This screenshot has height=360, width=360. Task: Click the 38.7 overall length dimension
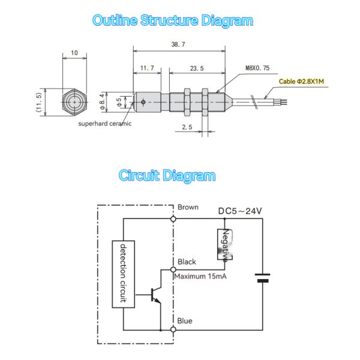point(178,44)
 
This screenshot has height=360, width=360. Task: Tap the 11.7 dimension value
point(147,68)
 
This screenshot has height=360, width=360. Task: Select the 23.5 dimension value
point(197,68)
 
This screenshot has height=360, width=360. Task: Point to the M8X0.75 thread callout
point(257,68)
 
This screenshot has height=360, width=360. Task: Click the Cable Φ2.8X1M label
point(301,81)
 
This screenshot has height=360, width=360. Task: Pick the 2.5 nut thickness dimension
point(187,127)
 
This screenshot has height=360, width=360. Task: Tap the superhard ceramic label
point(105,124)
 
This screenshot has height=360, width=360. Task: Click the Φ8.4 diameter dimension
point(102,102)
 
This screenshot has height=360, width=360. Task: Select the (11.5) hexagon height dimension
point(39,102)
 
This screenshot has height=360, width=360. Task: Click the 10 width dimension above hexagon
point(74,53)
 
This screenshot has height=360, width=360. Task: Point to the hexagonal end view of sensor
point(74,102)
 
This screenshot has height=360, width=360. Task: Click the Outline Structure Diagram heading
point(173,20)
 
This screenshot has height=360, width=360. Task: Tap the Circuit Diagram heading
point(167,176)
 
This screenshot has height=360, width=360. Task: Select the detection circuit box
point(123,274)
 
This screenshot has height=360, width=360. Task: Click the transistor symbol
point(156,295)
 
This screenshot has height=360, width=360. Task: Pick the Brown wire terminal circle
point(173,219)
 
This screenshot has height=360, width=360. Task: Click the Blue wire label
point(185,321)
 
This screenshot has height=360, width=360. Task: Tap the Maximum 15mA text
point(200,276)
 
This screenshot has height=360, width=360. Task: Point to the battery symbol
point(262,278)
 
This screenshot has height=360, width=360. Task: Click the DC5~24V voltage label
point(240,211)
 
